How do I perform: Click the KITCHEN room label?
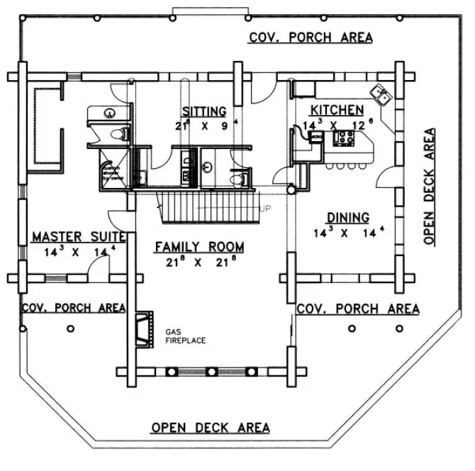(x=337, y=110)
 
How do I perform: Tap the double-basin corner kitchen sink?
(x=380, y=94)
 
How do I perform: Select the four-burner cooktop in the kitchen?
(x=344, y=138)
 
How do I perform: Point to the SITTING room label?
(x=203, y=111)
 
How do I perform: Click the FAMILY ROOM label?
(x=199, y=247)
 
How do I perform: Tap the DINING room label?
(x=347, y=217)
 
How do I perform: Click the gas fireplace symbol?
(x=144, y=328)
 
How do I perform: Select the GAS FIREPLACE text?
(x=185, y=336)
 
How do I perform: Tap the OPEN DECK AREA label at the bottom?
(x=211, y=427)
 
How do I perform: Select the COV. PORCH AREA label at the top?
(x=310, y=38)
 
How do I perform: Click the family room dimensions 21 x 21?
(x=199, y=262)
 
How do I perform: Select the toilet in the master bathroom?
(x=118, y=133)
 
